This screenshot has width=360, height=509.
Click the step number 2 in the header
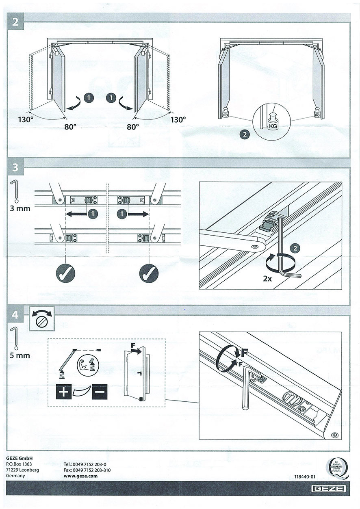(15, 22)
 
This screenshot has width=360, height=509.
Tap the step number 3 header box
(15, 167)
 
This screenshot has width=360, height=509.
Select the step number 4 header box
(15, 314)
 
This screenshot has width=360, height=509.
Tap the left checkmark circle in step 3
(65, 274)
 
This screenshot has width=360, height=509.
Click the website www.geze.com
(81, 476)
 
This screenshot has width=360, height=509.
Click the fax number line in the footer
(87, 470)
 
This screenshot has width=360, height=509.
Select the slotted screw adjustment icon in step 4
(42, 321)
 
